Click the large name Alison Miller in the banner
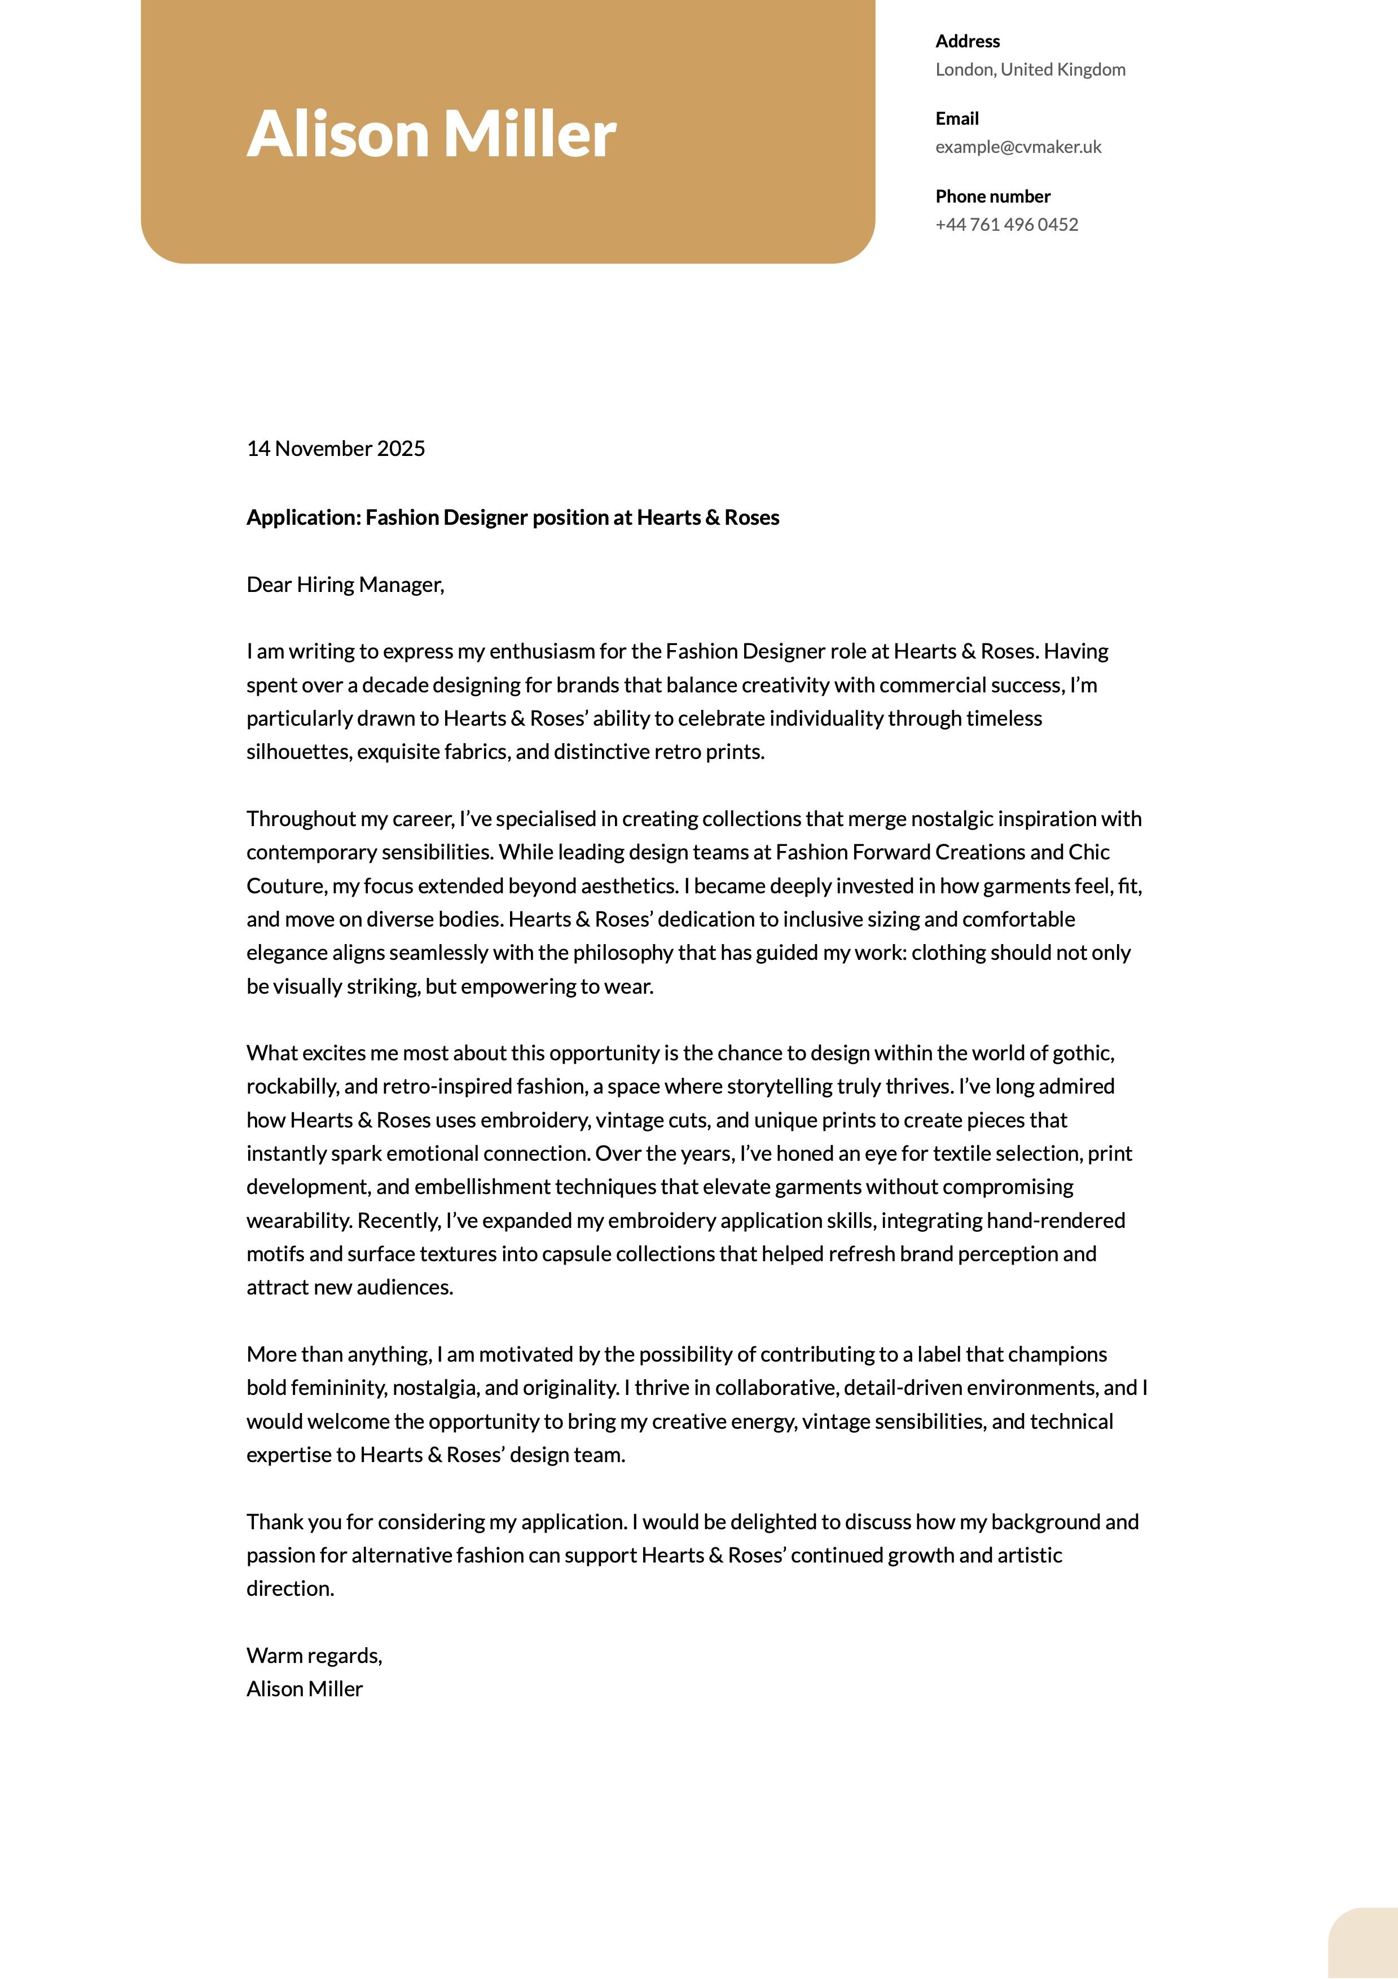431,134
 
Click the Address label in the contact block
967,41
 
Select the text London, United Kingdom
1030,70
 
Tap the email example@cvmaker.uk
1018,147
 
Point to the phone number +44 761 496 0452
1006,225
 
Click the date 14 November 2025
335,448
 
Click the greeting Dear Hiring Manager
345,585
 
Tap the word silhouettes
298,752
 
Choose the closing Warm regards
314,1656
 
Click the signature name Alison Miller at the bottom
304,1690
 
